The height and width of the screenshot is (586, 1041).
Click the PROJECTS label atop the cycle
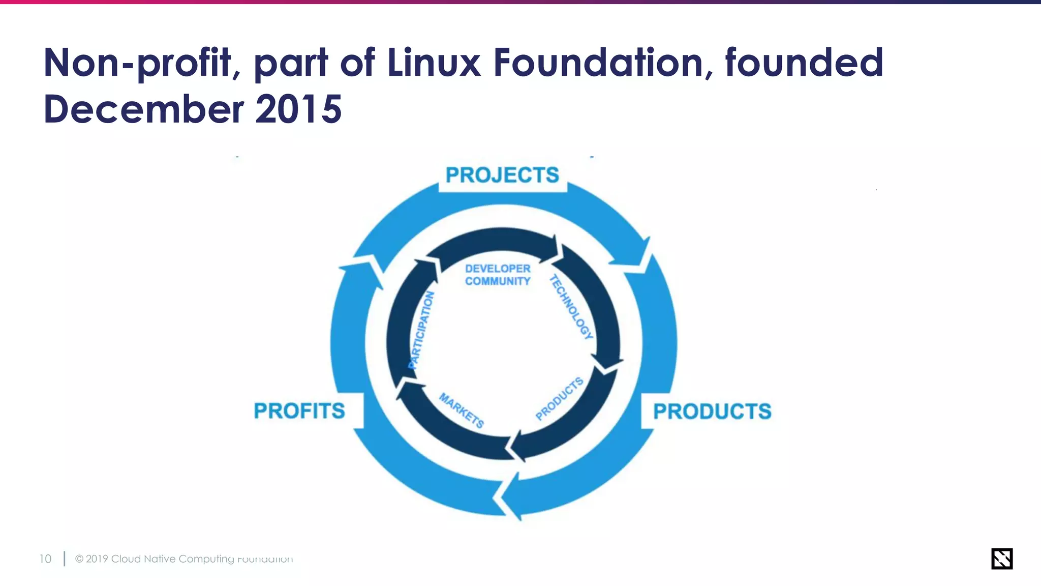click(502, 175)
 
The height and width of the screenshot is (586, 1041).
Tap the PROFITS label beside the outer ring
click(299, 411)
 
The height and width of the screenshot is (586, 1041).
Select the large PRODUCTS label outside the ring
click(712, 412)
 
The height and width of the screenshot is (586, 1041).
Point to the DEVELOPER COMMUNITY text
click(498, 275)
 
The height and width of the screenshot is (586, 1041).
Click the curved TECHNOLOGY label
click(571, 307)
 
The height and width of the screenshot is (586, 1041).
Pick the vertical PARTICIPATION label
click(422, 330)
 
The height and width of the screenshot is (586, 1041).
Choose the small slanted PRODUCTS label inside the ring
click(559, 399)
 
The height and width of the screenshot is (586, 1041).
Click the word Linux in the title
click(434, 63)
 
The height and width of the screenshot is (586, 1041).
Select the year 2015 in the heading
click(298, 109)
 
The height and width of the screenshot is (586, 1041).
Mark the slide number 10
click(45, 559)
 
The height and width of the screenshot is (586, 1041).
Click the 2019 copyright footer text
click(183, 559)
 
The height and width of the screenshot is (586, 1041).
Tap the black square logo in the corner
click(1001, 559)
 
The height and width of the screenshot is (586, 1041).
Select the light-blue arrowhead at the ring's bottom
click(511, 496)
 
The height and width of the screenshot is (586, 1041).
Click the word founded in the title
click(804, 63)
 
